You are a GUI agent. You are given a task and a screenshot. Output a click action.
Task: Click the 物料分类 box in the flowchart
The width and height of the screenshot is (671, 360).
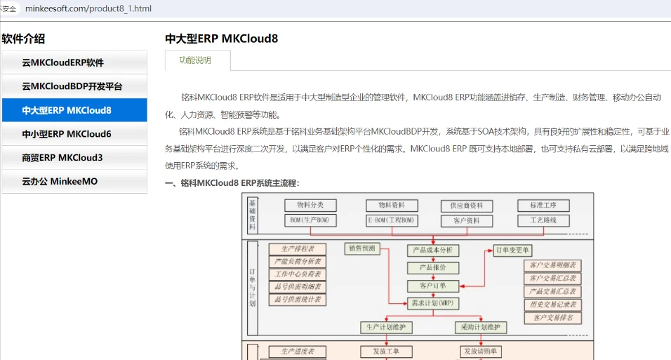[310, 206]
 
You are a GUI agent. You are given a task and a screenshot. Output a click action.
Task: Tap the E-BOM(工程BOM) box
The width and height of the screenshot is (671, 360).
[392, 220]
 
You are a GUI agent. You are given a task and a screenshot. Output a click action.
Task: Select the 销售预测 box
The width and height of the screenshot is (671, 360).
[361, 248]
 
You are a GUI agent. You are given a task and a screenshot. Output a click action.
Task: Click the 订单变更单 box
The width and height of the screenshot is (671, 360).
[513, 250]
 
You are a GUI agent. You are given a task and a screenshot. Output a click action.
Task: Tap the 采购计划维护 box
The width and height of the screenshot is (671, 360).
[481, 328]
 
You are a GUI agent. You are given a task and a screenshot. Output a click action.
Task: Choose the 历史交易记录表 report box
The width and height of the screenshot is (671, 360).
[553, 305]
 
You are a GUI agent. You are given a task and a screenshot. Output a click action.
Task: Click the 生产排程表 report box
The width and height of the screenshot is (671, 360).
[297, 248]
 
